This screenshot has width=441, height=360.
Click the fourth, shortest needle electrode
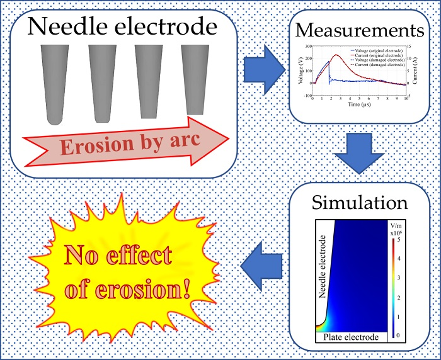[x=193, y=79]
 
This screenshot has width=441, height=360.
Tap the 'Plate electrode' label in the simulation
[x=349, y=338]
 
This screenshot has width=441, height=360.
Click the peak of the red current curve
[x=336, y=55]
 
